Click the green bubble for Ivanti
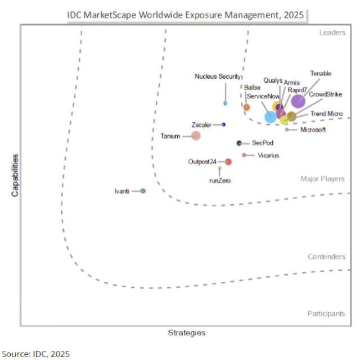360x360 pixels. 143,191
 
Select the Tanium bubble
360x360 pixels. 196,136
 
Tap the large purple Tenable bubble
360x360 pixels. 298,101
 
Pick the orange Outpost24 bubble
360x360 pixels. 228,162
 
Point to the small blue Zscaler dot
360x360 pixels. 223,124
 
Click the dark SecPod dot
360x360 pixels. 239,143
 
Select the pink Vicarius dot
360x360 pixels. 244,155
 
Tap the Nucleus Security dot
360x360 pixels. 226,103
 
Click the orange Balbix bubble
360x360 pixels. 246,107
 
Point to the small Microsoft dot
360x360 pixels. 287,130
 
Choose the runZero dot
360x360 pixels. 220,168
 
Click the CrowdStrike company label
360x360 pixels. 326,94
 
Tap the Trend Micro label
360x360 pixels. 326,114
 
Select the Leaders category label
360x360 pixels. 332,33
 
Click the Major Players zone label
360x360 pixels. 322,179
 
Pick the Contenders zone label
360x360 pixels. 326,257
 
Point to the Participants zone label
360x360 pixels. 326,313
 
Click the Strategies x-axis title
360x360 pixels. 187,333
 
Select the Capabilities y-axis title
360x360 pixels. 15,175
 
